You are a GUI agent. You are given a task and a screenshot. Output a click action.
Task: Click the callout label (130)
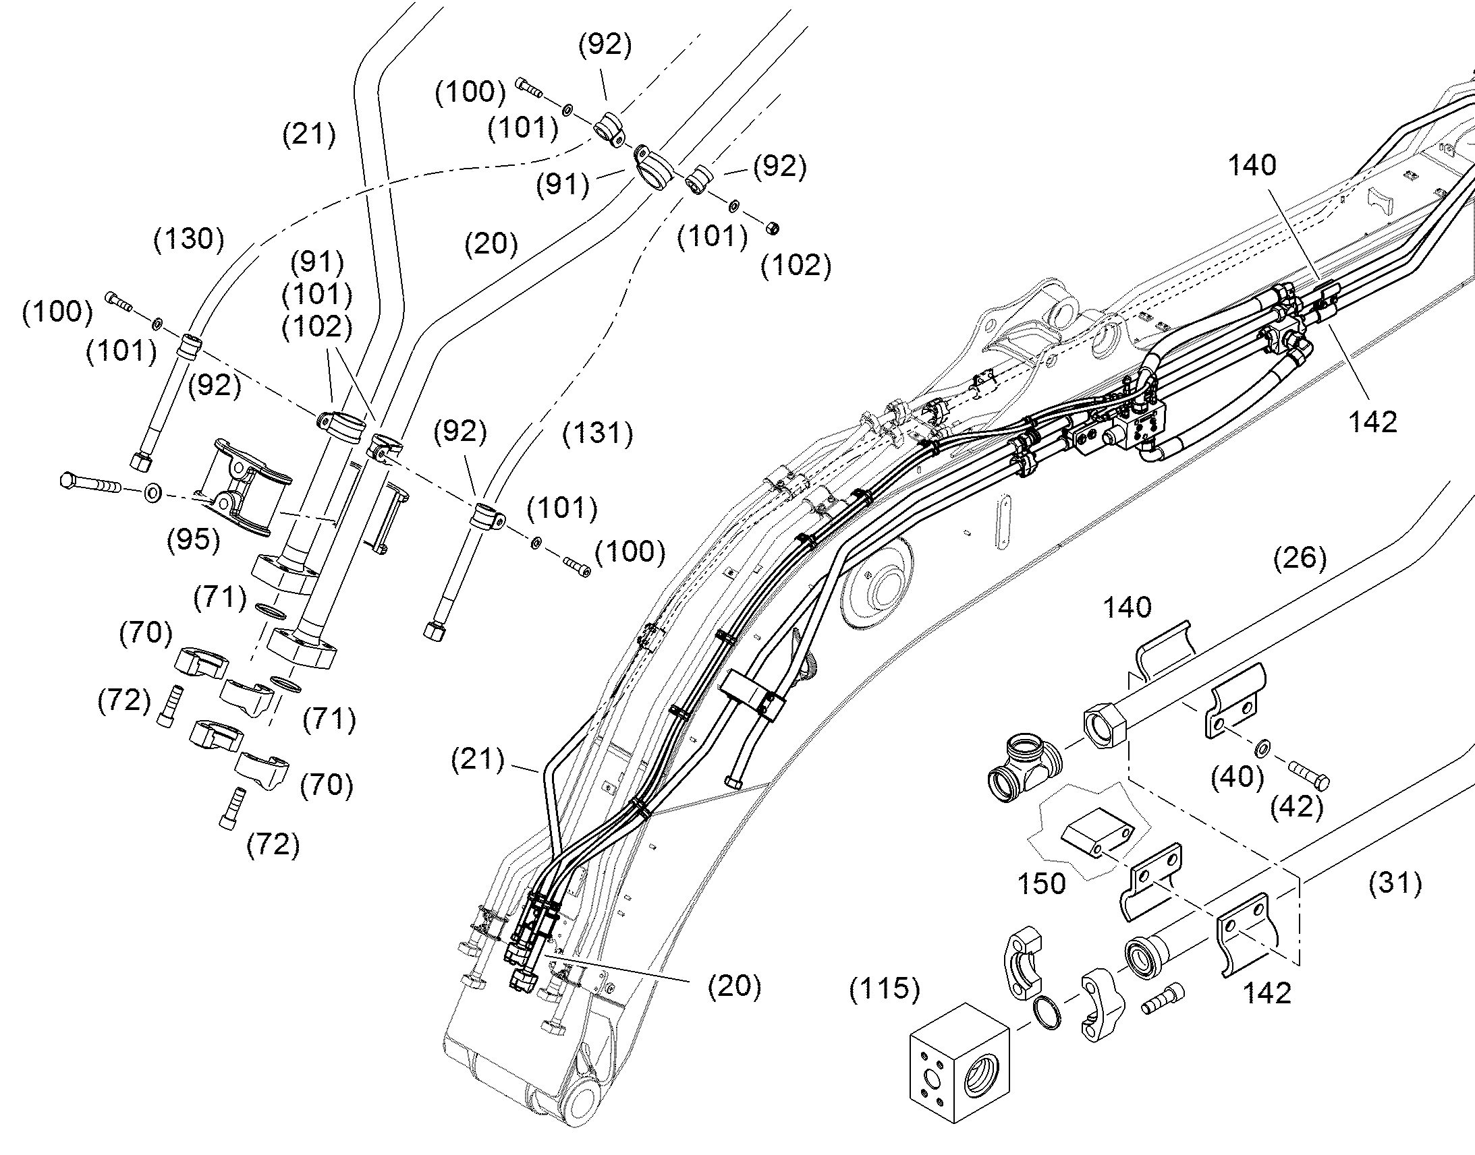tap(189, 239)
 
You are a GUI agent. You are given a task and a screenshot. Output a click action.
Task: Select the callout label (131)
tap(598, 433)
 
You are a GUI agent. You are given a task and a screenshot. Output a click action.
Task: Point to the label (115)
tap(885, 988)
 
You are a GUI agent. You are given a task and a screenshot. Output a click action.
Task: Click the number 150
tap(1042, 883)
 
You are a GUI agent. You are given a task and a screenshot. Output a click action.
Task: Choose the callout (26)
tap(1300, 557)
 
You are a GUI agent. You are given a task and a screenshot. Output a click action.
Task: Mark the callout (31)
tap(1395, 883)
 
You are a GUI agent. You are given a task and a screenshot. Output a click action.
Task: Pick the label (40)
tap(1237, 777)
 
